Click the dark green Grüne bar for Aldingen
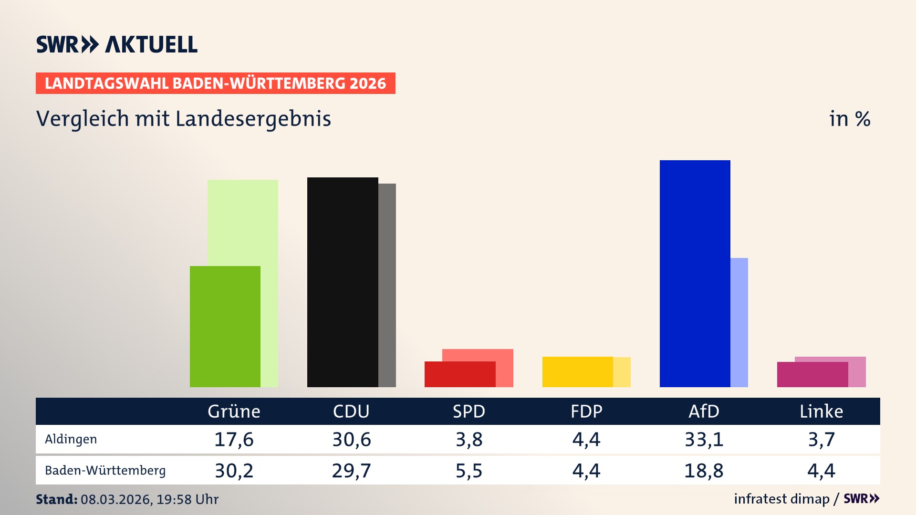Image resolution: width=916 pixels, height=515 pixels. [x=225, y=327]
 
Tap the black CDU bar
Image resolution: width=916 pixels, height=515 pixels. [x=343, y=282]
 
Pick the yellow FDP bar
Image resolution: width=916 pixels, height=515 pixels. [x=577, y=372]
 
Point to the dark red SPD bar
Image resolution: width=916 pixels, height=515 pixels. [x=459, y=374]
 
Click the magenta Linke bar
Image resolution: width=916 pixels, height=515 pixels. [x=812, y=375]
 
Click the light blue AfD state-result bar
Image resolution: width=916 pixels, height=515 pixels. [x=739, y=322]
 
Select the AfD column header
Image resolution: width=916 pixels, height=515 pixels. [x=704, y=412]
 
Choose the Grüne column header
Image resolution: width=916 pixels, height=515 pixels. [x=234, y=412]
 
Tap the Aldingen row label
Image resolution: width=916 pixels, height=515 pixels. [x=71, y=439]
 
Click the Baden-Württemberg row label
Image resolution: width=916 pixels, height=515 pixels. [x=105, y=471]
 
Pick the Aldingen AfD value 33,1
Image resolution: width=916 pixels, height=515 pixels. [x=704, y=439]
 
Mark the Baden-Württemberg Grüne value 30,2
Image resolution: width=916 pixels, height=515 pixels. [x=234, y=471]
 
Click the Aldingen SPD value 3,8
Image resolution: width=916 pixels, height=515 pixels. [x=469, y=439]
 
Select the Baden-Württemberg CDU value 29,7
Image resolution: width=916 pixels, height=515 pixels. [x=351, y=471]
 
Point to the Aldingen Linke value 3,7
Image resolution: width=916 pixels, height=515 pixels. [x=821, y=439]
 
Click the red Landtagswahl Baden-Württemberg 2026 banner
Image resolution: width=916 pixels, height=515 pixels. [x=215, y=83]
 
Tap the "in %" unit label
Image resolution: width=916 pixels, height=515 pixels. [x=849, y=119]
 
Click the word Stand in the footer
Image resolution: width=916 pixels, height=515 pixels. [x=56, y=499]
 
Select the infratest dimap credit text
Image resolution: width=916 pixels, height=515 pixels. [x=781, y=499]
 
